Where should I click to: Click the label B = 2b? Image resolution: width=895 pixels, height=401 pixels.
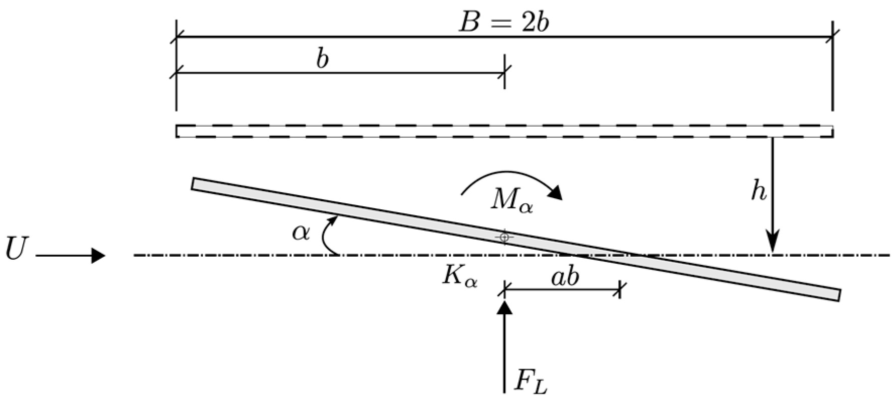[x=503, y=23]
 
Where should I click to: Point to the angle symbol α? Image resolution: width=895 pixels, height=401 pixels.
[x=301, y=233]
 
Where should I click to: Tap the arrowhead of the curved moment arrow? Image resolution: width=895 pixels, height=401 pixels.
[x=556, y=192]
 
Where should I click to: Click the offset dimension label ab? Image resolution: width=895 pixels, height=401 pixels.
[x=565, y=277]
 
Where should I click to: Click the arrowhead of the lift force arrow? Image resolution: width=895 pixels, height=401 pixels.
[x=504, y=307]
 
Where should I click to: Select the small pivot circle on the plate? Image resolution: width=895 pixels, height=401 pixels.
[x=504, y=236]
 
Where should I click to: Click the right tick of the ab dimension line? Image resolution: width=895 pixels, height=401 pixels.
[x=620, y=290]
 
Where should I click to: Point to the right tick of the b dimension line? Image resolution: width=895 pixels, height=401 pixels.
[x=504, y=73]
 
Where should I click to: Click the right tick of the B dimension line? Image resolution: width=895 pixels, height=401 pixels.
[x=832, y=36]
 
